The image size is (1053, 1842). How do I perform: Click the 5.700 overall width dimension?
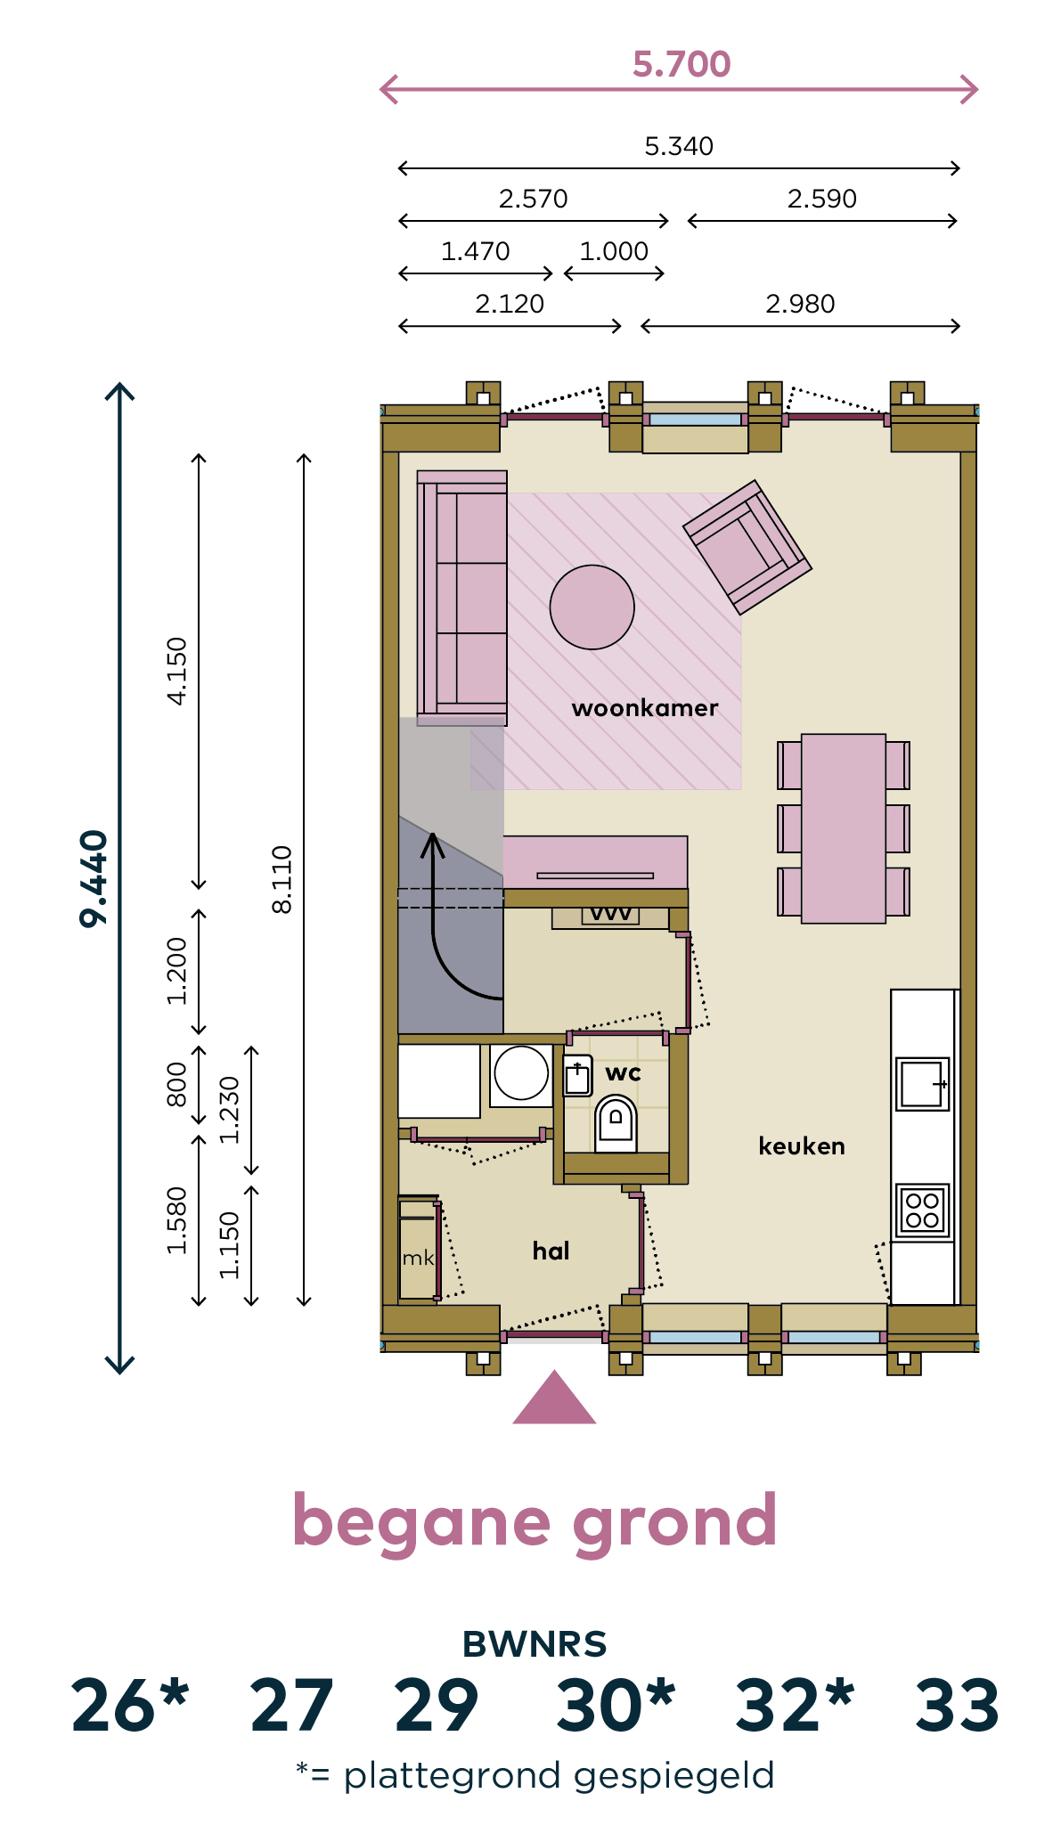click(x=682, y=64)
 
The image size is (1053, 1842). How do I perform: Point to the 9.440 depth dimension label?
click(x=94, y=878)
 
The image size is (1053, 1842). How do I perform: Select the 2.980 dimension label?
click(x=800, y=304)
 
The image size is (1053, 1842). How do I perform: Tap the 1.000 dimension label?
click(x=614, y=251)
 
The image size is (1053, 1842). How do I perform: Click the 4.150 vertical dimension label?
click(x=177, y=671)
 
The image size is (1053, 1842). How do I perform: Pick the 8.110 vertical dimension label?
click(x=282, y=879)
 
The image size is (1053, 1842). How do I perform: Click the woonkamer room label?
click(x=645, y=708)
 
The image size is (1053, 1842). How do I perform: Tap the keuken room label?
click(x=802, y=1145)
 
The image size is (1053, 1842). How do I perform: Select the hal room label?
click(x=551, y=1251)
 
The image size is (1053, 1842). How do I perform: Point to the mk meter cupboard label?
click(x=418, y=1258)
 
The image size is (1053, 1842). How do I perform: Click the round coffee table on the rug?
click(x=592, y=607)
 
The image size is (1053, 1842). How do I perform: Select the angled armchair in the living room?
click(x=747, y=547)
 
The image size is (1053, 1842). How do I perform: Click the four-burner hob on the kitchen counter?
click(x=922, y=1210)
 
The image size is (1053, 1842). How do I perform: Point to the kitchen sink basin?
click(x=922, y=1083)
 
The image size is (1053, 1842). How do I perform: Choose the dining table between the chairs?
click(x=844, y=828)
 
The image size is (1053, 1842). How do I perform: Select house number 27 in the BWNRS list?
click(x=291, y=1706)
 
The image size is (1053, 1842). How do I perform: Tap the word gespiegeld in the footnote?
click(x=674, y=1776)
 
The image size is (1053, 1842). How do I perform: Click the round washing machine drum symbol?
click(x=521, y=1073)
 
